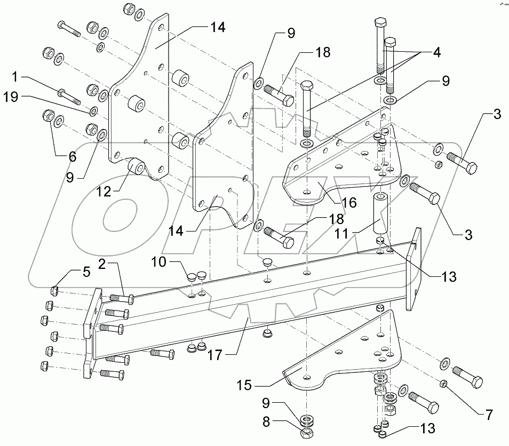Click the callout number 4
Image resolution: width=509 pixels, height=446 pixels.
click(x=436, y=53)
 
